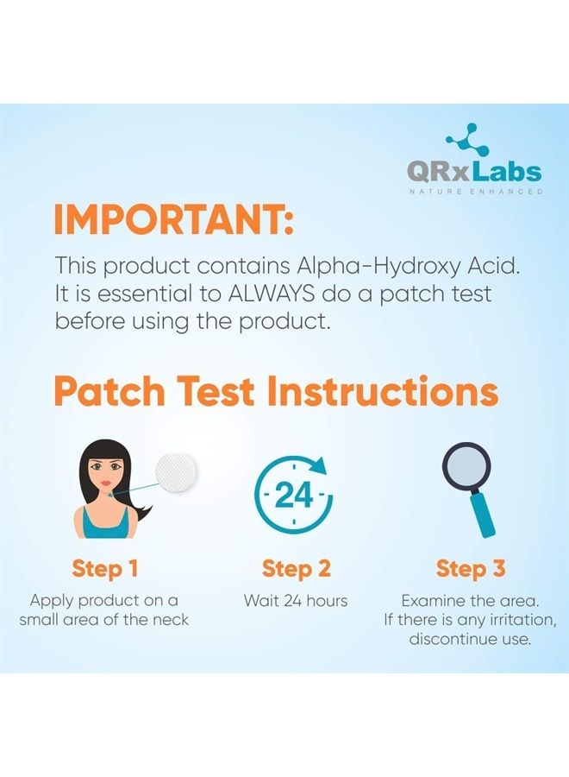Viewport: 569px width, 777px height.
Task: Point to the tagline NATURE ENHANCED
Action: click(x=475, y=191)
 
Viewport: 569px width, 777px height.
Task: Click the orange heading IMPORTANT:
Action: click(x=173, y=220)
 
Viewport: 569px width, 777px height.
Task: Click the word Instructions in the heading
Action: click(x=383, y=391)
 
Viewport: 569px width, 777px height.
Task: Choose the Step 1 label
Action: click(x=104, y=569)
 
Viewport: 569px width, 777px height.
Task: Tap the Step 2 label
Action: click(x=296, y=569)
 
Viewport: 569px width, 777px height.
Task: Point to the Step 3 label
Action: click(x=470, y=569)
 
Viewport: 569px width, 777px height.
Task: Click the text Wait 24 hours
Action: click(x=296, y=600)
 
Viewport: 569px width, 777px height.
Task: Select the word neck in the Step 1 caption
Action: click(x=169, y=619)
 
